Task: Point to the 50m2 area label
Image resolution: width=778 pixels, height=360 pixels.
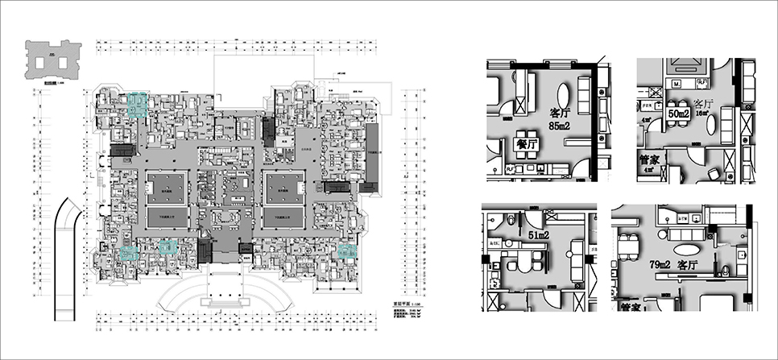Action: [x=679, y=114]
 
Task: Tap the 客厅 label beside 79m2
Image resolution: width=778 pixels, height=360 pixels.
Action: [x=687, y=263]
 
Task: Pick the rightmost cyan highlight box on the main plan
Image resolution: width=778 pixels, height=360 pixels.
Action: [x=346, y=251]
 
